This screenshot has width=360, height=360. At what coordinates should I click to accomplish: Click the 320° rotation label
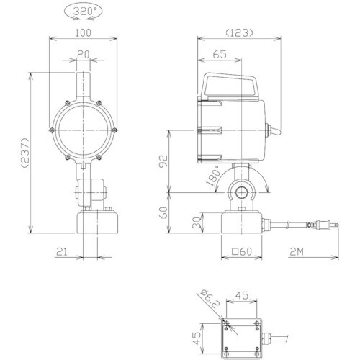(83, 12)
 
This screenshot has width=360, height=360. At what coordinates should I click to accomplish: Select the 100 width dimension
(84, 33)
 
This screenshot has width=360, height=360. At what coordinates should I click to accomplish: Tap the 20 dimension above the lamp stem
(84, 54)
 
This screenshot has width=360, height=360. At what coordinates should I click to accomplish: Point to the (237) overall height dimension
(25, 153)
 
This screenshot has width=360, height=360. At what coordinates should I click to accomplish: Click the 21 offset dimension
(62, 252)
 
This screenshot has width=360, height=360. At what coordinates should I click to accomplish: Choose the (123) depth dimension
(239, 33)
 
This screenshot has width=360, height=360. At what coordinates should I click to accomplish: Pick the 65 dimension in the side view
(220, 55)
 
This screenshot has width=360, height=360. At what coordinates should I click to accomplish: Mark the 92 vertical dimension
(163, 161)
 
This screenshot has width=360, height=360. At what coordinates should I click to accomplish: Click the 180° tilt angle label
(213, 176)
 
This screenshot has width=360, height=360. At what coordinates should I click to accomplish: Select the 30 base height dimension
(197, 222)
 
